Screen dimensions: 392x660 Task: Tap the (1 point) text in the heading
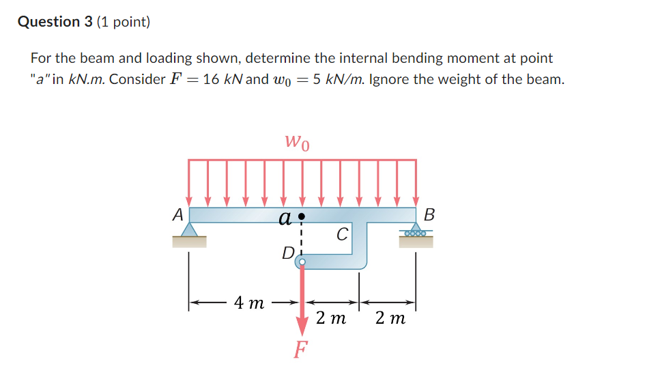click(x=124, y=22)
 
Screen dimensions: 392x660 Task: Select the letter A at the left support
click(x=177, y=214)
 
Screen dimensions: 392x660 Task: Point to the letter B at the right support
click(x=429, y=214)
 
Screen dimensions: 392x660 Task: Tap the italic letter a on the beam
click(x=285, y=219)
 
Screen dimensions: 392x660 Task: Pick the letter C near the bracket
click(x=342, y=235)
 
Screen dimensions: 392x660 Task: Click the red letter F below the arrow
click(x=300, y=350)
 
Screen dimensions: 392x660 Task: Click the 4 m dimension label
click(x=248, y=303)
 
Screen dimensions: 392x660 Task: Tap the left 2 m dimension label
click(x=331, y=318)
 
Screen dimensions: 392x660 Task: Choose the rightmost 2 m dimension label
click(x=390, y=318)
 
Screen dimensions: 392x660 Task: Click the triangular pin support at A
click(x=189, y=229)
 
